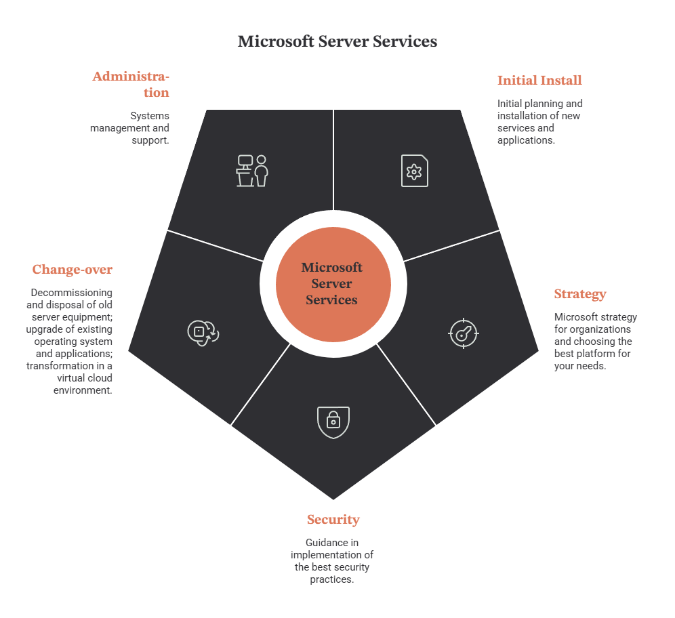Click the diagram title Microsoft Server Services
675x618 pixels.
(x=337, y=41)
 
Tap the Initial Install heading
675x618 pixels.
(x=539, y=81)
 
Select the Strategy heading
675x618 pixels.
(x=580, y=294)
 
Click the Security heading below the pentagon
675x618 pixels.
(x=333, y=520)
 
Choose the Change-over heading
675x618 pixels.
(x=73, y=270)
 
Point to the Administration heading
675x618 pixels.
(x=131, y=84)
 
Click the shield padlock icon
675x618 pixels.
(x=333, y=422)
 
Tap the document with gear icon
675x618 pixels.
(x=415, y=171)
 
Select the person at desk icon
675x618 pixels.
(x=252, y=171)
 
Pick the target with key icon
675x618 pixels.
(x=464, y=333)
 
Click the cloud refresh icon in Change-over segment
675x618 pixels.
(x=203, y=333)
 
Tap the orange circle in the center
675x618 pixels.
(x=333, y=285)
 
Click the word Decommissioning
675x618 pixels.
(x=71, y=293)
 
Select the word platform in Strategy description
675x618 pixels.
(x=596, y=354)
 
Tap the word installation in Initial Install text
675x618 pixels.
(x=522, y=116)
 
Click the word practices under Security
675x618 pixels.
(x=332, y=579)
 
